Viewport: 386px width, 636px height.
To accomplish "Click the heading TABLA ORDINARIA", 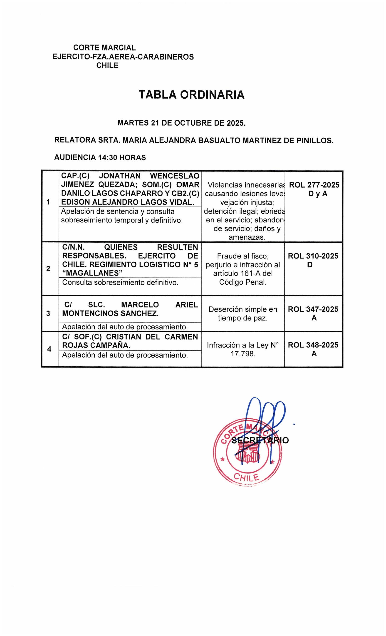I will (191, 95).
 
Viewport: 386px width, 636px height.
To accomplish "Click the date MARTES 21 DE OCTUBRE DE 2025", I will (181, 123).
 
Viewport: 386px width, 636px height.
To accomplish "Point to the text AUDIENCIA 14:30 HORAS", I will (100, 157).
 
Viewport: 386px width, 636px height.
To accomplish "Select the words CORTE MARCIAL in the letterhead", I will (104, 48).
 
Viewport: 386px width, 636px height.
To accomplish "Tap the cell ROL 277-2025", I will (314, 185).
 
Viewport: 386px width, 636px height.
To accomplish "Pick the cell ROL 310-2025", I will (313, 256).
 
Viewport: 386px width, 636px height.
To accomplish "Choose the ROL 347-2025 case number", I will (313, 309).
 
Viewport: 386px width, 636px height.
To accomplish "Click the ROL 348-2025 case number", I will (313, 345).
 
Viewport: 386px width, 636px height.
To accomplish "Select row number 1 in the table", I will (48, 202).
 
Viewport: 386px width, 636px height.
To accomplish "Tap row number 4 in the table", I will (49, 349).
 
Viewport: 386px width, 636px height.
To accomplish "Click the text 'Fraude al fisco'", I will (243, 256).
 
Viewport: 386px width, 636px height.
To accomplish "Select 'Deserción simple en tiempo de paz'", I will (243, 314).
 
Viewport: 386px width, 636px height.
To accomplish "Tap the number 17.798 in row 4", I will (243, 354).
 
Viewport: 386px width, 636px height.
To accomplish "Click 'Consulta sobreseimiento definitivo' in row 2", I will (120, 283).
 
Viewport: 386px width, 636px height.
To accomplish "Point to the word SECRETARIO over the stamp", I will (260, 440).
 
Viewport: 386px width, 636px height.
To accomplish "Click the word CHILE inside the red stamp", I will (246, 478).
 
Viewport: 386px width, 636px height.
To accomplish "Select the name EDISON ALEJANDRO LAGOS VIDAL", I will (128, 202).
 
